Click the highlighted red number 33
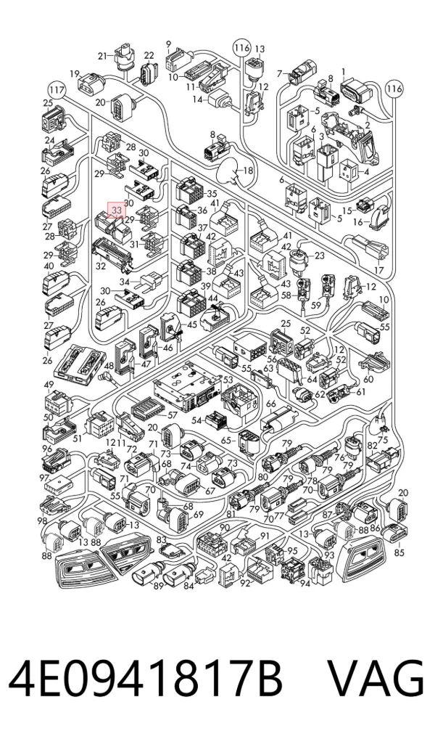(x=117, y=209)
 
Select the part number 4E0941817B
(x=146, y=679)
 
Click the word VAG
(x=376, y=679)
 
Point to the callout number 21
(x=103, y=56)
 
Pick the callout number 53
(x=228, y=379)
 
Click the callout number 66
(x=270, y=404)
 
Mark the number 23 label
(x=320, y=256)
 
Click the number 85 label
(x=399, y=552)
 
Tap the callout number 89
(x=158, y=586)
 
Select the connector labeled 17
(x=370, y=248)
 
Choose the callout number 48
(x=109, y=365)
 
